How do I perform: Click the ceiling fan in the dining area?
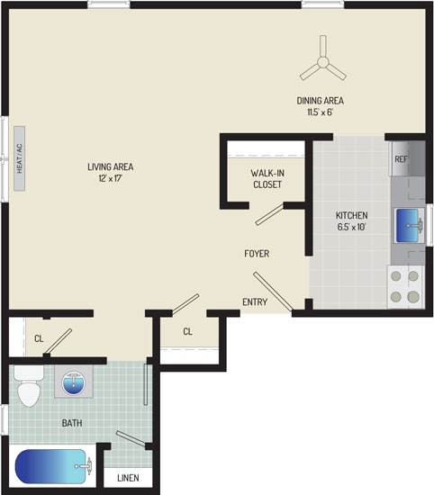[x=323, y=62]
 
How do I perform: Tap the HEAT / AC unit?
[x=19, y=158]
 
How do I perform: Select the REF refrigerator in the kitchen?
[x=409, y=158]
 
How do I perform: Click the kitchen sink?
[x=409, y=225]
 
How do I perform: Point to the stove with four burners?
[x=405, y=286]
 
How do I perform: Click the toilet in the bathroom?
[x=29, y=386]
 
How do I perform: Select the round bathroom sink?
[x=73, y=382]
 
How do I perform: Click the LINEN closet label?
[x=128, y=478]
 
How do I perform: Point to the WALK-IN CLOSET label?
[x=267, y=179]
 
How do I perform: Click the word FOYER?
[x=257, y=254]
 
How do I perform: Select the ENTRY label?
[x=255, y=302]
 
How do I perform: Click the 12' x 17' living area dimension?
[x=110, y=178]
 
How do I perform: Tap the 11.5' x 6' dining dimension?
[x=321, y=112]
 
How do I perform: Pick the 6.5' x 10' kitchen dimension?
[x=351, y=227]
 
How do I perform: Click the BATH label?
[x=72, y=423]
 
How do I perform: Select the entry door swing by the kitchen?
[x=273, y=292]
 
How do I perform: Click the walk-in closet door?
[x=269, y=215]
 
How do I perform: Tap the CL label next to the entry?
[x=187, y=331]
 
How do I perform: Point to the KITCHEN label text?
[x=351, y=216]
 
